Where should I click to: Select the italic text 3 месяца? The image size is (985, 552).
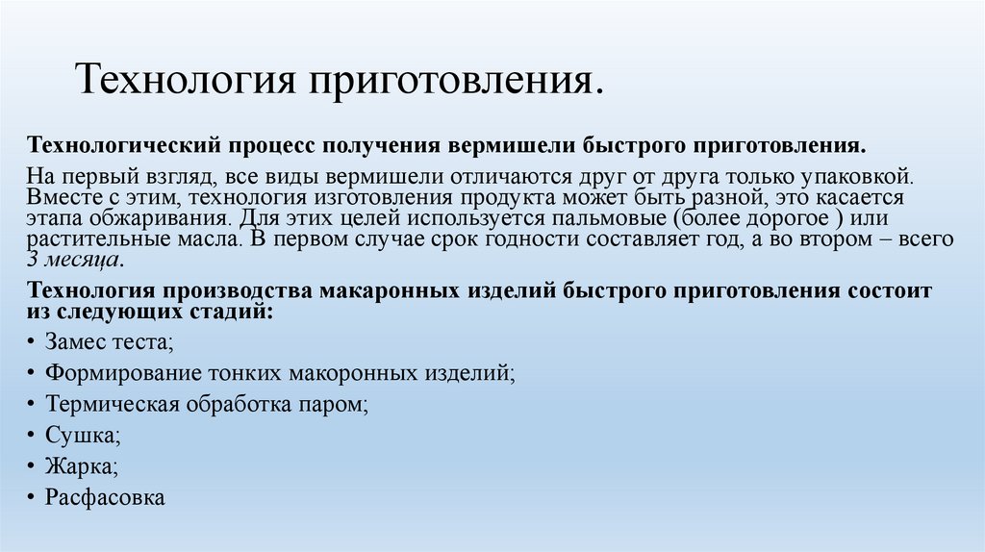[x=73, y=260]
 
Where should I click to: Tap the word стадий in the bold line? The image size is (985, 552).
[x=228, y=312]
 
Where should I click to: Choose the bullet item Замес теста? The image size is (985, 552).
[x=109, y=342]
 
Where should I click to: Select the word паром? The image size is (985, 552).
[x=341, y=404]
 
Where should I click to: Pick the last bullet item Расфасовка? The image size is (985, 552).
[x=105, y=498]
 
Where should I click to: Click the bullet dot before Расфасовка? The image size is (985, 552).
[x=33, y=498]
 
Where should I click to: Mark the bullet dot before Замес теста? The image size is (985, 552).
[x=33, y=342]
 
